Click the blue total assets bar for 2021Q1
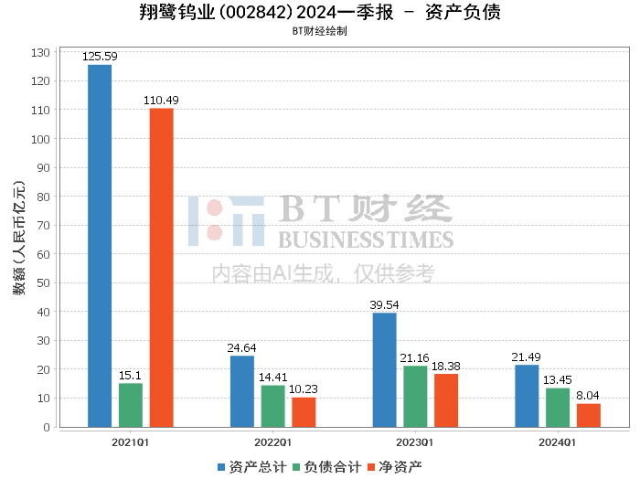(100, 246)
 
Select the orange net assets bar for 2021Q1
(161, 268)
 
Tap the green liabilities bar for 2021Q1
(131, 405)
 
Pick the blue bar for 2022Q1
(242, 391)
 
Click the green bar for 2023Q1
(415, 397)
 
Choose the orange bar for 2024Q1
(589, 415)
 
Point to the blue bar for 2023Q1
(384, 370)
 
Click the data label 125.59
(100, 57)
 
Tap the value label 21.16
(415, 357)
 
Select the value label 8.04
(589, 396)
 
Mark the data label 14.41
(272, 377)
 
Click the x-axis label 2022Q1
(272, 442)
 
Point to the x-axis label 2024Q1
(558, 442)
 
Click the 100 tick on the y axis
(39, 139)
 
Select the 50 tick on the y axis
(42, 283)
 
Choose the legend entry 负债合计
(326, 466)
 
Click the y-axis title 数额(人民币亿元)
(18, 239)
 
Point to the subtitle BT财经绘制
(319, 30)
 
